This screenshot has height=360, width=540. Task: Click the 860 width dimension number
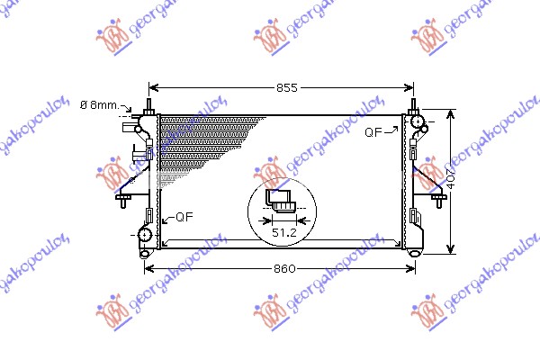point(285,269)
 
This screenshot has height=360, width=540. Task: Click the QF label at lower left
point(183,217)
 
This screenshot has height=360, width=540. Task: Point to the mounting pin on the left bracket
point(121,198)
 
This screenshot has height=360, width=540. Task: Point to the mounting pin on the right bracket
point(443,197)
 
